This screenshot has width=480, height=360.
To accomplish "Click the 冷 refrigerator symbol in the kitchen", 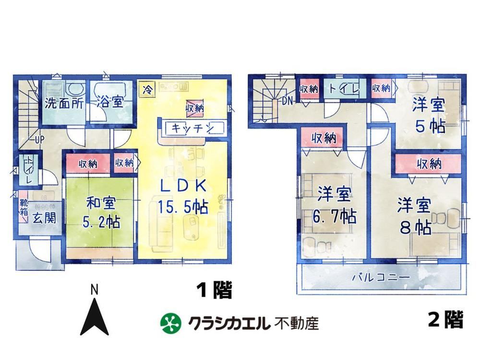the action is click(147, 90).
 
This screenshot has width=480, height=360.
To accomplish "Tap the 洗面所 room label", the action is click(64, 103).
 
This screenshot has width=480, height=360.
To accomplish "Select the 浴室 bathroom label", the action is click(110, 102).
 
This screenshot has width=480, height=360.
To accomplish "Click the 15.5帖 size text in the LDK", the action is click(183, 207).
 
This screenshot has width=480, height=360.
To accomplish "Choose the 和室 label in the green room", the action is click(101, 204).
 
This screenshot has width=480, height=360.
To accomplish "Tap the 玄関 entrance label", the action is click(44, 218).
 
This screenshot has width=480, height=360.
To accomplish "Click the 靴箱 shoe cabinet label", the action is click(24, 207).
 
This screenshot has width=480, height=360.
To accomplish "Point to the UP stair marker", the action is click(39, 140).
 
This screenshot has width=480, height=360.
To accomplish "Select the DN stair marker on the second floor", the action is click(287, 101).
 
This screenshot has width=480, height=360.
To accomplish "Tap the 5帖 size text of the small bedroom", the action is click(430, 125).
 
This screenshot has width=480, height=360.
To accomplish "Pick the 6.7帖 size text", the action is click(334, 217).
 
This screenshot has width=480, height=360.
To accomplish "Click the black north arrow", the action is click(94, 316).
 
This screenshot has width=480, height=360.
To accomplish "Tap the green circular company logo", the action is click(171, 323).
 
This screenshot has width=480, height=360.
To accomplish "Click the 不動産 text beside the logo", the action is click(296, 323).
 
